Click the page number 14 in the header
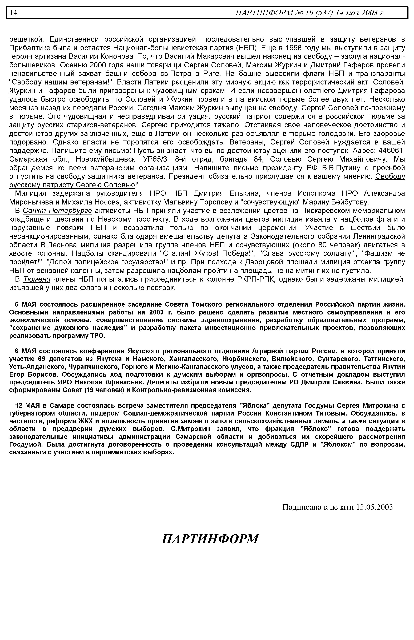tap(13, 13)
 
